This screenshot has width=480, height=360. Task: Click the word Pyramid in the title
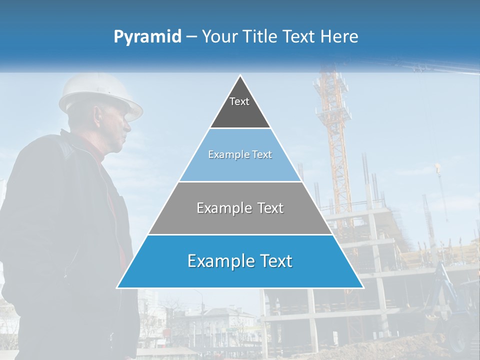pyautogui.click(x=147, y=37)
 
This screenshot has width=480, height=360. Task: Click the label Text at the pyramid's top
pyautogui.click(x=239, y=101)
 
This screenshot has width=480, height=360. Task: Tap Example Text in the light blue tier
pyautogui.click(x=240, y=154)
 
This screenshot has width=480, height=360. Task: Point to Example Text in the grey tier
pyautogui.click(x=240, y=208)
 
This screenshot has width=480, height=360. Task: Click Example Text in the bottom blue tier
pyautogui.click(x=240, y=261)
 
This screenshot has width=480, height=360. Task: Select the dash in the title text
pyautogui.click(x=191, y=37)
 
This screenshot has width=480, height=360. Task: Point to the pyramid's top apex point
pyautogui.click(x=240, y=76)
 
